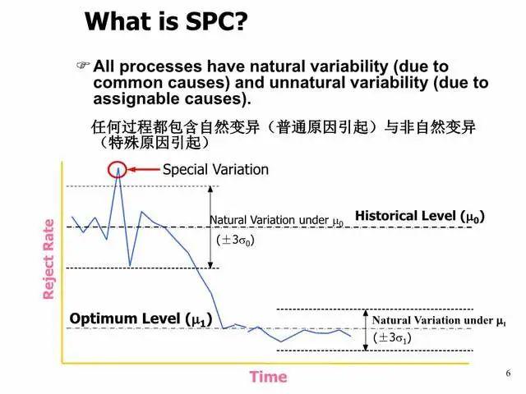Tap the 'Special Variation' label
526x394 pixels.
coord(215,170)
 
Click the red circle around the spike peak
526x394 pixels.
coord(119,170)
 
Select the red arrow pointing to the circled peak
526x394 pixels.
coord(145,170)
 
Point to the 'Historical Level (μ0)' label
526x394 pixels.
coord(419,216)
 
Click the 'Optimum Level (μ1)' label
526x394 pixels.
coord(141,318)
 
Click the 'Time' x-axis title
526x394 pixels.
coord(268,377)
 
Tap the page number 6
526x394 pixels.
coord(508,373)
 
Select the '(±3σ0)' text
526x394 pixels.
coord(236,241)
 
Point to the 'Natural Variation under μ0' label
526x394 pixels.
coord(276,221)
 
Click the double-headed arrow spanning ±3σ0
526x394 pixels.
coord(211,227)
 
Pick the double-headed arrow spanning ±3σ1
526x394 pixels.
coord(365,329)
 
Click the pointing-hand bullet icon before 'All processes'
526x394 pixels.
coord(81,65)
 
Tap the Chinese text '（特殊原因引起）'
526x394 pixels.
coord(153,142)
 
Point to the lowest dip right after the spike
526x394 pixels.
coord(130,265)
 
